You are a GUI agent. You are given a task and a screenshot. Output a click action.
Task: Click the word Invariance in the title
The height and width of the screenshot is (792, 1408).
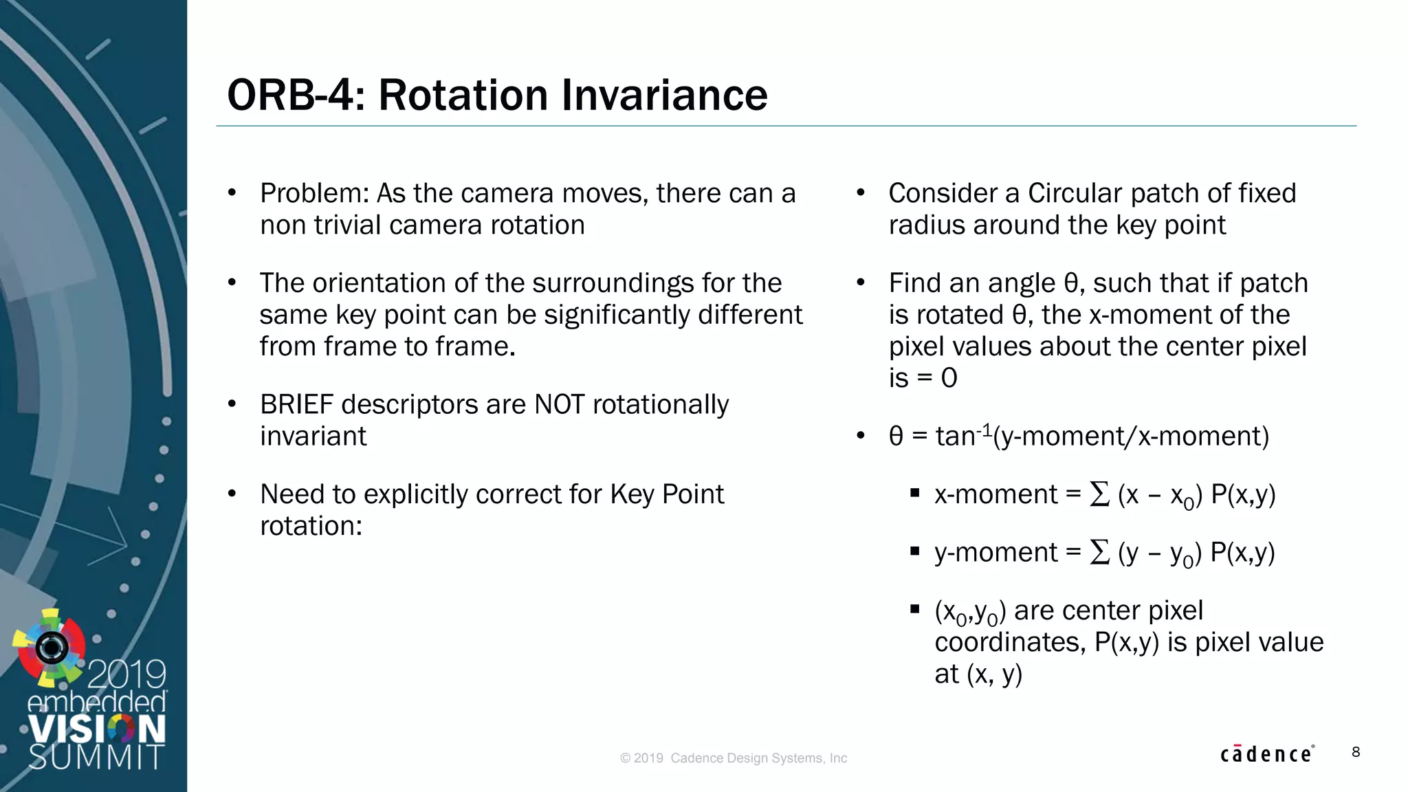[664, 95]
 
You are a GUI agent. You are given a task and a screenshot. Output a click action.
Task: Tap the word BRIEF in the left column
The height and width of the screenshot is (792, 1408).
[296, 405]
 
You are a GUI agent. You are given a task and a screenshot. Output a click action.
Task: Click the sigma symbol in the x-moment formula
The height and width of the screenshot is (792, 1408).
[1099, 494]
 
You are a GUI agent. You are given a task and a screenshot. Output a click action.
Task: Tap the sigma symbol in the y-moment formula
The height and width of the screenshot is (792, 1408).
[1099, 552]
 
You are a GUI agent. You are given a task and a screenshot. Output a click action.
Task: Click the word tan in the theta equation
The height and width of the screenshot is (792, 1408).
[955, 437]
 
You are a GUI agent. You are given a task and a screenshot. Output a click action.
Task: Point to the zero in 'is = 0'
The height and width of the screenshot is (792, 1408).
[949, 378]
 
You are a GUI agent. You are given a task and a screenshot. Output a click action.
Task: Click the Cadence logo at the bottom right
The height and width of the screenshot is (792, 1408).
[1266, 754]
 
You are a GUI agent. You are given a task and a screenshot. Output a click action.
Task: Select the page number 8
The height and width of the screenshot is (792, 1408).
[1356, 752]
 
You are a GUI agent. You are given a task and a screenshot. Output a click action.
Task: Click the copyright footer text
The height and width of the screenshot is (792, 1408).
[734, 758]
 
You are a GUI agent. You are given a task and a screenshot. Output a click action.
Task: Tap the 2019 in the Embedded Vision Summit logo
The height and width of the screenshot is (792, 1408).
[127, 674]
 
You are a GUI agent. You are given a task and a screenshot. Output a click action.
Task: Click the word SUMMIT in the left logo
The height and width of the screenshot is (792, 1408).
[96, 757]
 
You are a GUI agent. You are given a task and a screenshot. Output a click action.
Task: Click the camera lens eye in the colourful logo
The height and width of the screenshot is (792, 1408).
[52, 647]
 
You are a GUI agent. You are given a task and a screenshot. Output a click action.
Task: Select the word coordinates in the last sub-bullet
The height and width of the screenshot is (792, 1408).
[1010, 643]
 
